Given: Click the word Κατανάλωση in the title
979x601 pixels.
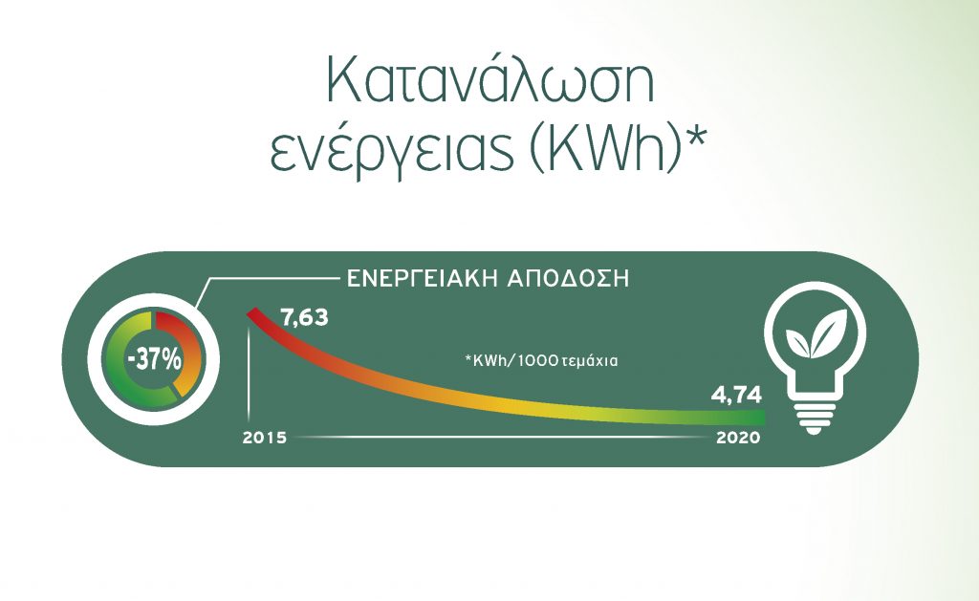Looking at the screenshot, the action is [490, 82].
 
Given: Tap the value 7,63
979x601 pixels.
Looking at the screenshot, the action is [304, 317].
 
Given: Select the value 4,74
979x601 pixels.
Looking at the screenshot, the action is [736, 396].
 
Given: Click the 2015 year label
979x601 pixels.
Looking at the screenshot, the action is [265, 438].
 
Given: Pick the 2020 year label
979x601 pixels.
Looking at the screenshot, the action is [739, 438].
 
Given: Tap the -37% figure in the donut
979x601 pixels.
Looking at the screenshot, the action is [154, 360].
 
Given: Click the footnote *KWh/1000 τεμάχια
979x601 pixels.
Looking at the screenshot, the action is [541, 361].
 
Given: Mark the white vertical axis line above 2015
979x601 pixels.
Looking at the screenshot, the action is [250, 375].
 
